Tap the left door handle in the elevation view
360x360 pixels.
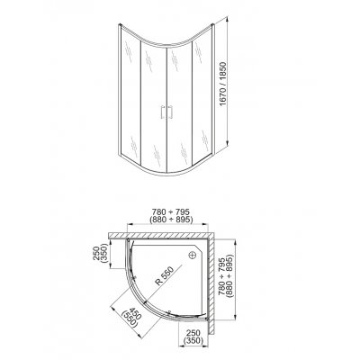(x=161, y=112)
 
